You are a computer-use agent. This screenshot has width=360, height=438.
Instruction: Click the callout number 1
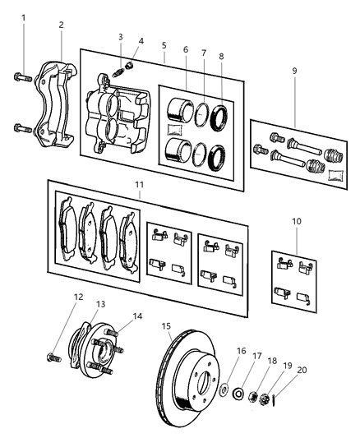[x=23, y=17]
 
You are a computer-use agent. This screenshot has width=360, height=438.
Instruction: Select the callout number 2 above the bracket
[x=60, y=25]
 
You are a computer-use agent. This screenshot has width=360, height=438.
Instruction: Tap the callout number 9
[x=293, y=71]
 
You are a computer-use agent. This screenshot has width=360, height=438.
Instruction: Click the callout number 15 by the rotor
[x=168, y=326]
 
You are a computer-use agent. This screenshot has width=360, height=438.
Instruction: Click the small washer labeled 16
[x=224, y=388]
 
